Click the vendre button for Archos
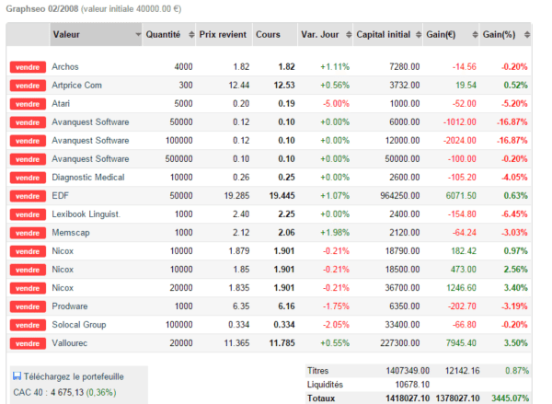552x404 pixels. coord(28,67)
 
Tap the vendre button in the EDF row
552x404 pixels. coord(28,196)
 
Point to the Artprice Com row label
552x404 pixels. coord(76,86)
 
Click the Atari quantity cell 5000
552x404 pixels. coord(183,104)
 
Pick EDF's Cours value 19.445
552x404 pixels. coord(282,196)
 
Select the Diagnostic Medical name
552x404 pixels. coord(88,178)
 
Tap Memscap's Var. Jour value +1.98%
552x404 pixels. coord(335,233)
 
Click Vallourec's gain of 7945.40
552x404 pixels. coord(461,343)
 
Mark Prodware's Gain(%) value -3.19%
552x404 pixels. coord(514,306)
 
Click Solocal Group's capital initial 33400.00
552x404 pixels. coord(402,325)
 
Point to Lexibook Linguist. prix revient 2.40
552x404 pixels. coord(241,214)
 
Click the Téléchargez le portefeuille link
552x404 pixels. coord(74,376)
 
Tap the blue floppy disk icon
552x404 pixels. coord(17,376)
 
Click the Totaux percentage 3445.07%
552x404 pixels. coord(510,398)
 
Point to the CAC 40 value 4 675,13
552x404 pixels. coord(67,392)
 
